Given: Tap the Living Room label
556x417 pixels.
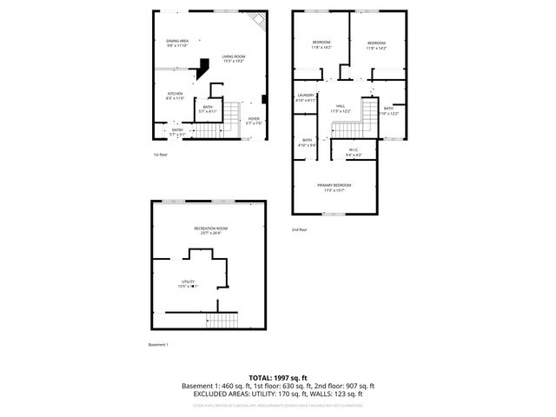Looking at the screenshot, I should (232, 57).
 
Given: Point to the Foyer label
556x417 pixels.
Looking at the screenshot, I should (254, 121).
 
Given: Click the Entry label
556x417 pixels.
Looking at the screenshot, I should (177, 132).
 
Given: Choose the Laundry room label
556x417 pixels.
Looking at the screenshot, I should (305, 97).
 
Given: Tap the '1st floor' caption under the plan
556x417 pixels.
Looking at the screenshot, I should (161, 155).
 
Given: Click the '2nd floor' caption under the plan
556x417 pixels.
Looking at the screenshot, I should (300, 229).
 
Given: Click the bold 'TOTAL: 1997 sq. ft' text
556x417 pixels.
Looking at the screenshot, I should (278, 377).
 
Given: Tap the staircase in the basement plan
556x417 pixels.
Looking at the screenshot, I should (222, 320).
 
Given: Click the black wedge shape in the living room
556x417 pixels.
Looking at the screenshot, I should (204, 67).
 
